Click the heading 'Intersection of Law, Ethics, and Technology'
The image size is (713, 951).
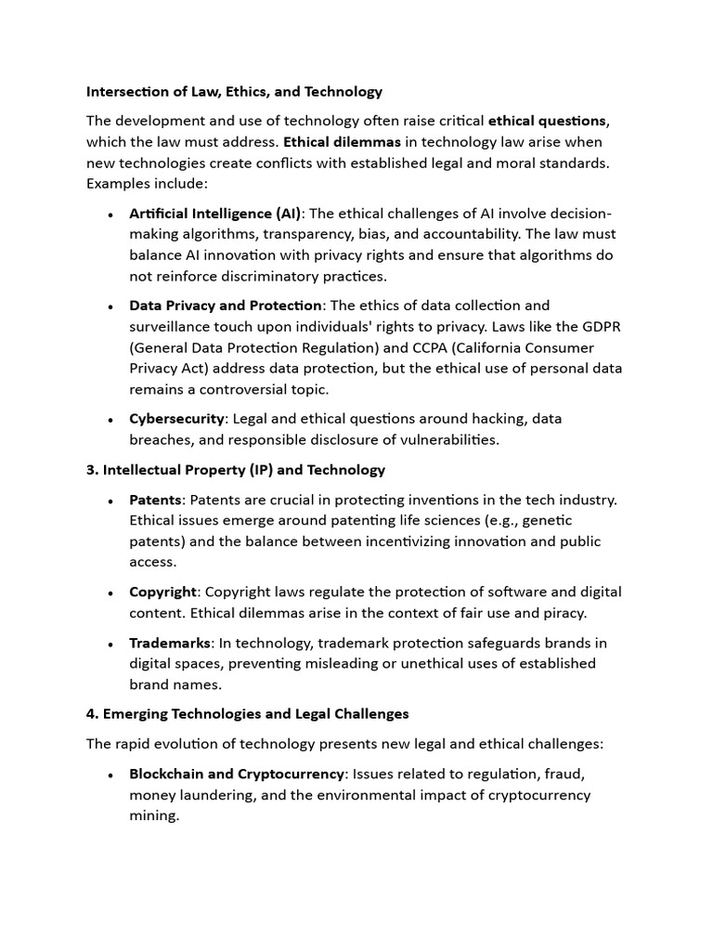pos(234,92)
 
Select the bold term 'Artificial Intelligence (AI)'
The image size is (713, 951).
pos(215,214)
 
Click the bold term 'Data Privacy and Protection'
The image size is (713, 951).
pos(225,306)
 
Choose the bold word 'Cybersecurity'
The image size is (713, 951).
pos(176,419)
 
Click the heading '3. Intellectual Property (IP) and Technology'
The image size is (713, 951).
pos(236,470)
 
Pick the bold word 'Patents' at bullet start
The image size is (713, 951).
pos(155,500)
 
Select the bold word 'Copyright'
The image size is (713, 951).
pos(162,592)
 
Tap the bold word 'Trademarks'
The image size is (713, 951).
pos(170,643)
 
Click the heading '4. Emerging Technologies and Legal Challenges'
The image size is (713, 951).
pos(247,714)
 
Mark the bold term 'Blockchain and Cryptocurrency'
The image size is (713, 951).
pos(237,774)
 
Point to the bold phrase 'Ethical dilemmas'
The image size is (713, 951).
pos(342,142)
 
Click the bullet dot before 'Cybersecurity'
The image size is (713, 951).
pos(110,420)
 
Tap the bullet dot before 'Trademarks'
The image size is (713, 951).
pos(110,644)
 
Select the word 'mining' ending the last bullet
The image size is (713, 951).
pos(151,816)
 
